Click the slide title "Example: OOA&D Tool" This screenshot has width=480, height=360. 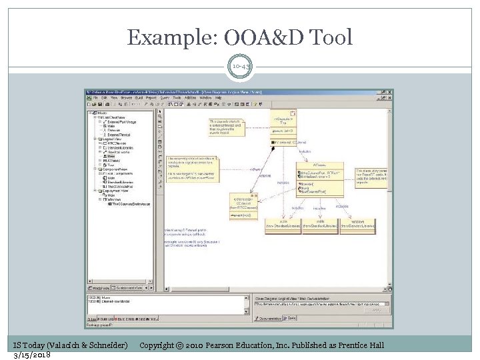pos(239,37)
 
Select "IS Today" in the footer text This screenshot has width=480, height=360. pos(28,345)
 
